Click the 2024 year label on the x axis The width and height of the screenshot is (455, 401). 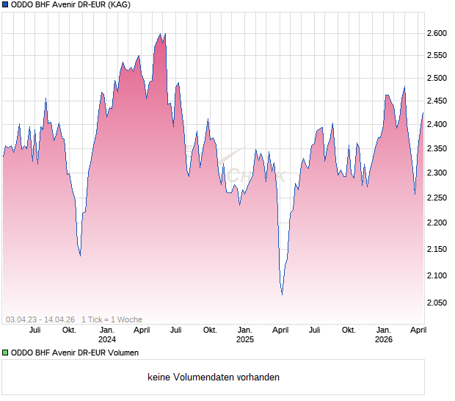(107, 339)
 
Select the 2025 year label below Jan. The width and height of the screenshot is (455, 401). (244, 339)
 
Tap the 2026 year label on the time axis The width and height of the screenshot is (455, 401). (383, 339)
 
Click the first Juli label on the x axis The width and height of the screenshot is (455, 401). (34, 330)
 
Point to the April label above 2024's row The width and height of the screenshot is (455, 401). (142, 330)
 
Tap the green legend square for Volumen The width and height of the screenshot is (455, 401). (5, 353)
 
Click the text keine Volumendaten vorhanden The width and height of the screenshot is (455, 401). (214, 377)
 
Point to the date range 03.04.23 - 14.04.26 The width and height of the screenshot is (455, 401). (40, 319)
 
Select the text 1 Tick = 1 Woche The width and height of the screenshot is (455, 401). (112, 319)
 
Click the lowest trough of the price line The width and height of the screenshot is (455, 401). (283, 295)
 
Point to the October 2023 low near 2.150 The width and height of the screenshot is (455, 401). (80, 255)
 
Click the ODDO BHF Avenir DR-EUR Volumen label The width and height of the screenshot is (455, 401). (74, 353)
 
